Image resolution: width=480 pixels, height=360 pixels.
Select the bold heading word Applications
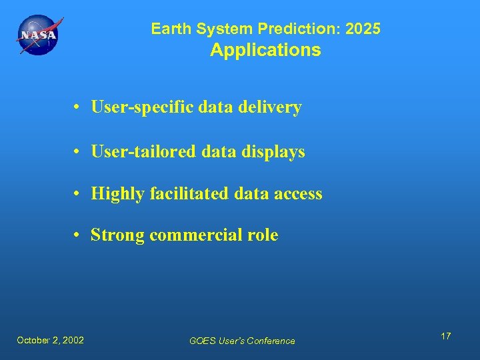coord(265,51)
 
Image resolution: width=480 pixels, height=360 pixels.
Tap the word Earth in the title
coord(168,29)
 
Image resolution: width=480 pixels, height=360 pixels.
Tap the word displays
coord(276,151)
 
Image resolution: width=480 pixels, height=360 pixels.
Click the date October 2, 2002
coord(51,340)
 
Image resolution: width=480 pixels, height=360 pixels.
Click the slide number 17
coord(445,336)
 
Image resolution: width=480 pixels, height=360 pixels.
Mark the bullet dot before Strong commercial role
coord(79,236)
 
